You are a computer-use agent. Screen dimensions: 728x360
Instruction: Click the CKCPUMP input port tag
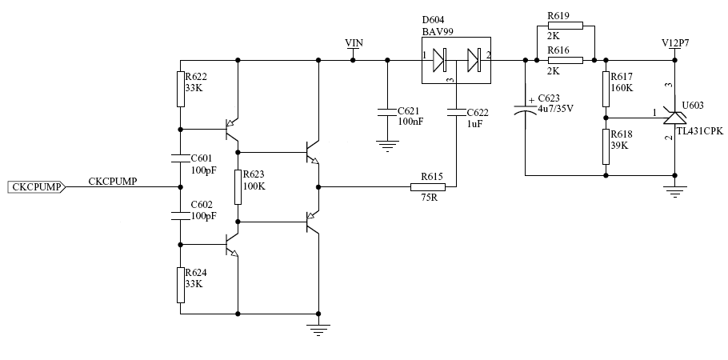[36, 187]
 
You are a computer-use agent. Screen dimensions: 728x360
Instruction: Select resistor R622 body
[181, 89]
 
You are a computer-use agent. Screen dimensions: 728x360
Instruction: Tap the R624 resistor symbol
[181, 286]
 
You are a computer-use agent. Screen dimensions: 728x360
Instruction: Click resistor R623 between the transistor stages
[238, 187]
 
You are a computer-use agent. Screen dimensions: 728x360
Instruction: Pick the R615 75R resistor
[428, 187]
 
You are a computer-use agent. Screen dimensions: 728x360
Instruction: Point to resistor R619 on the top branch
[566, 26]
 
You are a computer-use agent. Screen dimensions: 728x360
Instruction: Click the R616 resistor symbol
[566, 60]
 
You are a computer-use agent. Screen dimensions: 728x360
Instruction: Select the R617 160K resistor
[606, 89]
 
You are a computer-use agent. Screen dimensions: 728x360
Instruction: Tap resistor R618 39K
[606, 146]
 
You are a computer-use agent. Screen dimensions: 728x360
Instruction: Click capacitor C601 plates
[181, 158]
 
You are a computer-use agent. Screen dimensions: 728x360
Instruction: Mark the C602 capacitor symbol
[181, 216]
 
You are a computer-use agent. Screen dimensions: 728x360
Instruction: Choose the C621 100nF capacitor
[388, 112]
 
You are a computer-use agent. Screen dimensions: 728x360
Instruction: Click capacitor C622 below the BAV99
[456, 112]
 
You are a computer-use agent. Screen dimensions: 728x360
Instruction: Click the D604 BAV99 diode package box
[456, 60]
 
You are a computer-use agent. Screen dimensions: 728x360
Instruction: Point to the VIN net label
[354, 43]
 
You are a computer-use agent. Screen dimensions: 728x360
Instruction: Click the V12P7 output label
[675, 43]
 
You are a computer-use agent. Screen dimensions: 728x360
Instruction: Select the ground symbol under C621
[388, 146]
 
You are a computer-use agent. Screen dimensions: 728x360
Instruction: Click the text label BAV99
[438, 31]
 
